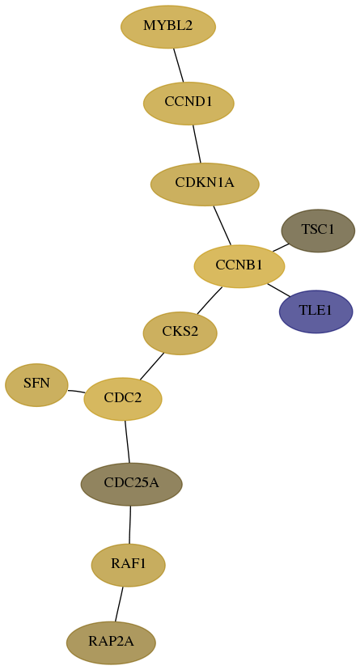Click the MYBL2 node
(168, 27)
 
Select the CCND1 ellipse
(188, 103)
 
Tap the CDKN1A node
(205, 184)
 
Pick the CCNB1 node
(239, 266)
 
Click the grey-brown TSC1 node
(318, 231)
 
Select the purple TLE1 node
(316, 311)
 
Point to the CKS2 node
(180, 333)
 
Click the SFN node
(36, 384)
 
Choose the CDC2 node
(123, 399)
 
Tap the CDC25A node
(132, 484)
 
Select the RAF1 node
(128, 565)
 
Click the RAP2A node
(111, 642)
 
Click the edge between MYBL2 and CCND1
(179, 65)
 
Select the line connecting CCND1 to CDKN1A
(197, 143)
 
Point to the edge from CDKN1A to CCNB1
(222, 225)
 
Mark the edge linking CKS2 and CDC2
(151, 367)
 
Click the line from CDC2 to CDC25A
(127, 441)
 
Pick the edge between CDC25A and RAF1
(129, 524)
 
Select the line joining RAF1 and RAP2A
(119, 604)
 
